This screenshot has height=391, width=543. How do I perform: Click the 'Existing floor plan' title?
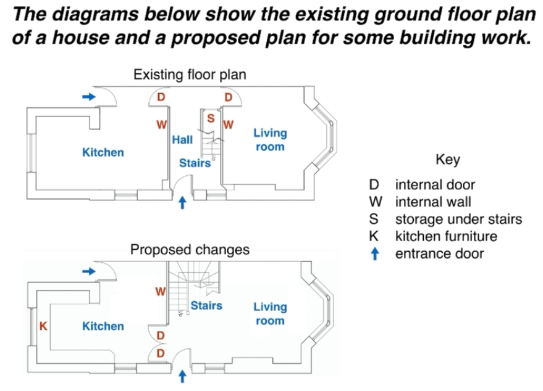[x=190, y=75]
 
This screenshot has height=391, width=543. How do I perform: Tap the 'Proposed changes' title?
[x=190, y=250]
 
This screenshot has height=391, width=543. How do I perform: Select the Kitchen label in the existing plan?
[x=103, y=152]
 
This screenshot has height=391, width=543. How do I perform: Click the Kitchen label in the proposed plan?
[x=103, y=326]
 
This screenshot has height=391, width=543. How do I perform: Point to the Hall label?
[x=182, y=140]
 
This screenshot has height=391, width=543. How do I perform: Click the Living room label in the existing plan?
[x=270, y=140]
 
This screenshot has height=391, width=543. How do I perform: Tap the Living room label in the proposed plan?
[x=270, y=314]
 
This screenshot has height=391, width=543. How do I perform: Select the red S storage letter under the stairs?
[x=210, y=118]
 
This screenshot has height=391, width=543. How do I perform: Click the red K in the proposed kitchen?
[x=43, y=326]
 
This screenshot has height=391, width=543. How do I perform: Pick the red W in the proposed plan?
[x=160, y=291]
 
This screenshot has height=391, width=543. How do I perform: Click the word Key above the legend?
[x=448, y=160]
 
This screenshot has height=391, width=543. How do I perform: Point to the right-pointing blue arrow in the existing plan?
[x=89, y=96]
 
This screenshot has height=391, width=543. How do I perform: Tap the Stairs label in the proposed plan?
[x=206, y=305]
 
